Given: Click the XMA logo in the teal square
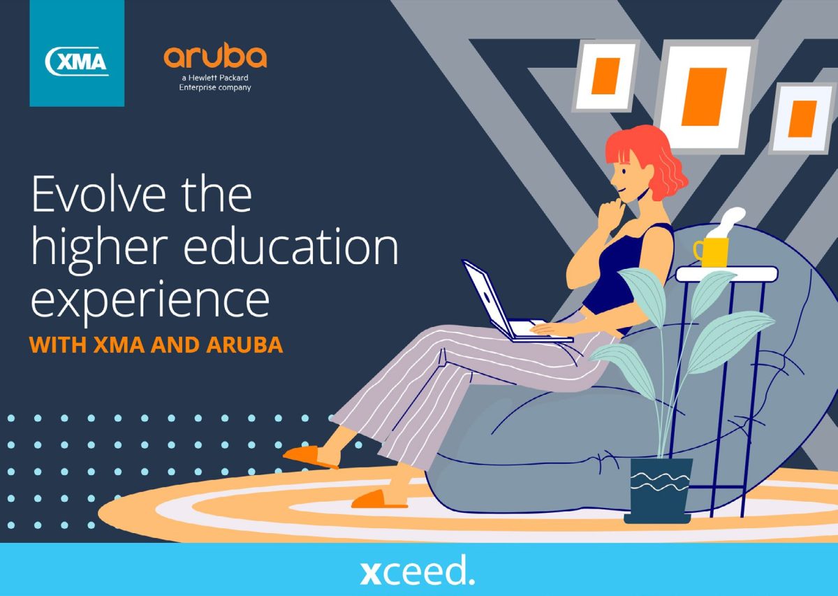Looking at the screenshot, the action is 77,61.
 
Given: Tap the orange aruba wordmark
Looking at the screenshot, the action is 215,57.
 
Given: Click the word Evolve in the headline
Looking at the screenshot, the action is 98,194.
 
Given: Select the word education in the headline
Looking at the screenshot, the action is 291,247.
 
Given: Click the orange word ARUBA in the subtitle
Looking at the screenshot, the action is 244,344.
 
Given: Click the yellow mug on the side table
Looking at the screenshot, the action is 712,252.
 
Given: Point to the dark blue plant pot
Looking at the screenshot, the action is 659,490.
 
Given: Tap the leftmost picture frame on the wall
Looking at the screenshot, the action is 605,76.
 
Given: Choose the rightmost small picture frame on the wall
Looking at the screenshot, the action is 803,119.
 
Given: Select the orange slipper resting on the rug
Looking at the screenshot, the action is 378,500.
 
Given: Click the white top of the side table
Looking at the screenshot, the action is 726,274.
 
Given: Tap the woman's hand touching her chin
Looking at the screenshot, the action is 610,213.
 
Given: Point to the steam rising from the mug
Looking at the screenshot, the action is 727,222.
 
